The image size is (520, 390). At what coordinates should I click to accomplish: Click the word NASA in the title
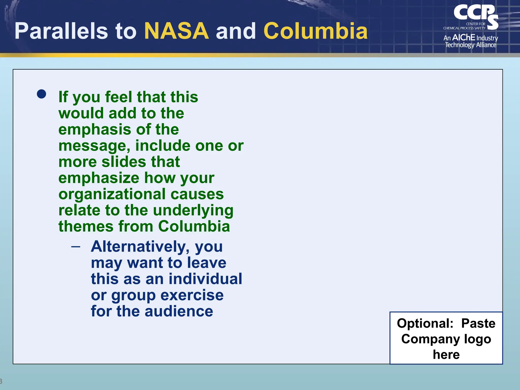pos(176,31)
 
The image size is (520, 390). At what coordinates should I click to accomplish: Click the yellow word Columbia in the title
pos(316,31)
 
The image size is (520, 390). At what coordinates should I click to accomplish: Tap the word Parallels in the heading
pos(61,31)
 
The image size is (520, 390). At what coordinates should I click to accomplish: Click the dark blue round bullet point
pos(41,94)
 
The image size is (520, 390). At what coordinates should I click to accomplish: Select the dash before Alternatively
pos(76,247)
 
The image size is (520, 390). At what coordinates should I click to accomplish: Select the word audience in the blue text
pos(179,311)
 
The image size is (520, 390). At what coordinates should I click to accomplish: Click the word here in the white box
pos(446,354)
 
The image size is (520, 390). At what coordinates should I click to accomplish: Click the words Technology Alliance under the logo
pos(470,45)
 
